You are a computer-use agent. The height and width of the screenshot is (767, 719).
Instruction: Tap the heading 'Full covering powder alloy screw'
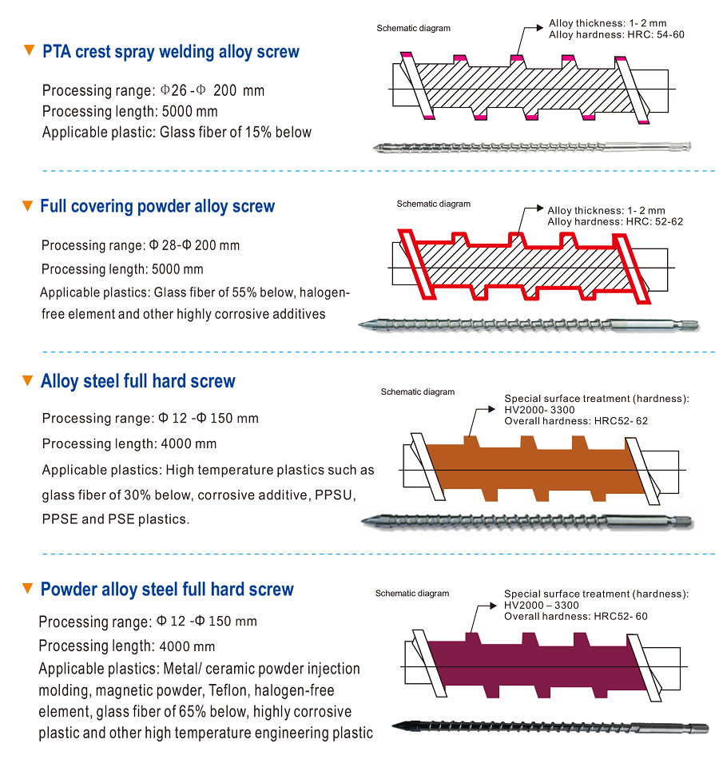157,206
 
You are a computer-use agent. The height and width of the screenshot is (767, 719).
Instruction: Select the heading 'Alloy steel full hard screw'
138,381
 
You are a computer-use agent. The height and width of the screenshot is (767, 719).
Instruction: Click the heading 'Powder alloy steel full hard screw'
167,590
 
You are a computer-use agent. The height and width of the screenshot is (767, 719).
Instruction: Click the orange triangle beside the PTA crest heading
29,51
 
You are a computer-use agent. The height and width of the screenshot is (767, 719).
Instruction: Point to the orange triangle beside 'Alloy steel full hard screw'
29,380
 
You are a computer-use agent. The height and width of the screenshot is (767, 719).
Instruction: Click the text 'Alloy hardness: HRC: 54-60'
616,34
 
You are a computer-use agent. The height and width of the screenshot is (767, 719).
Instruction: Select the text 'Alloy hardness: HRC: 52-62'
615,221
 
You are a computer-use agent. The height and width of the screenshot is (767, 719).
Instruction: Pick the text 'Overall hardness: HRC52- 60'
575,616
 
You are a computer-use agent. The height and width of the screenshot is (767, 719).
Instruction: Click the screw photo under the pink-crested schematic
531,146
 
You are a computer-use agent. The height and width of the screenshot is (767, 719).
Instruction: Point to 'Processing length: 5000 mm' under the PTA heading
130,111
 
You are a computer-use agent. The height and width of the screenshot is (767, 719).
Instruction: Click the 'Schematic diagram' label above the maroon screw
412,594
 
